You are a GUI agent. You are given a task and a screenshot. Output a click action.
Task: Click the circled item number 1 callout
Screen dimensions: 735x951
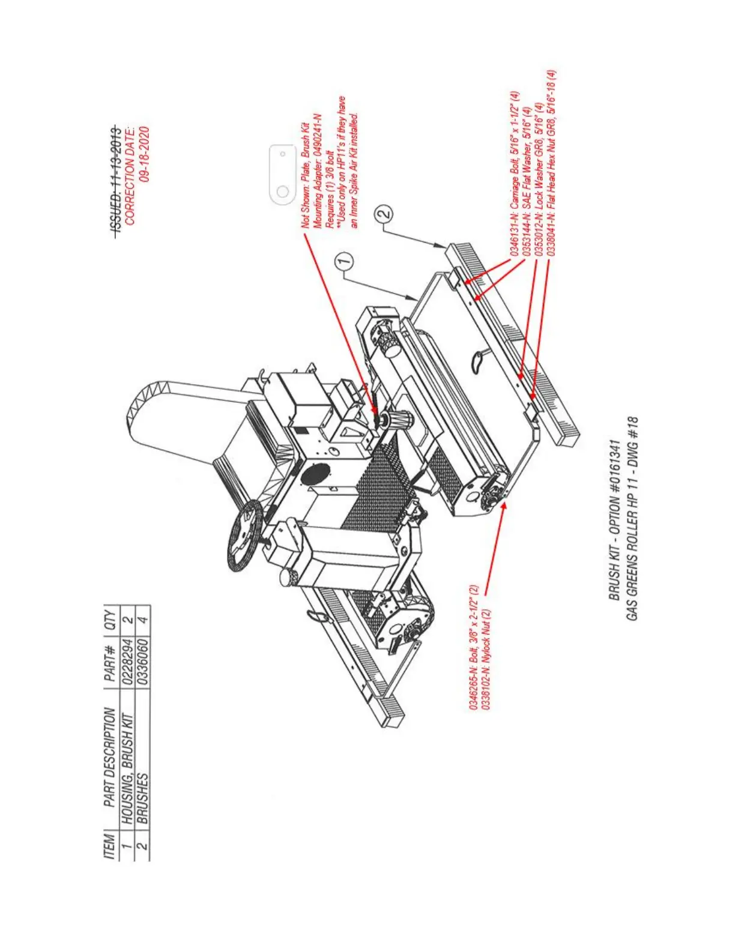pyautogui.click(x=343, y=261)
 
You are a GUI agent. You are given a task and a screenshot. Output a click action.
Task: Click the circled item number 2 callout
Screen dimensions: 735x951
pyautogui.click(x=384, y=213)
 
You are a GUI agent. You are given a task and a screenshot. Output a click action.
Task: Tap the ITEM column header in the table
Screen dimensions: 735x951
pyautogui.click(x=110, y=845)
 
